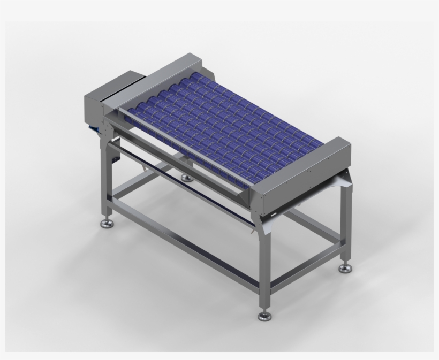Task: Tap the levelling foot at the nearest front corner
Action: [264, 317]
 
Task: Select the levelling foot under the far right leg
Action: [345, 269]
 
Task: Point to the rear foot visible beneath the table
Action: [186, 177]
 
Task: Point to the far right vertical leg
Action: [344, 225]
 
